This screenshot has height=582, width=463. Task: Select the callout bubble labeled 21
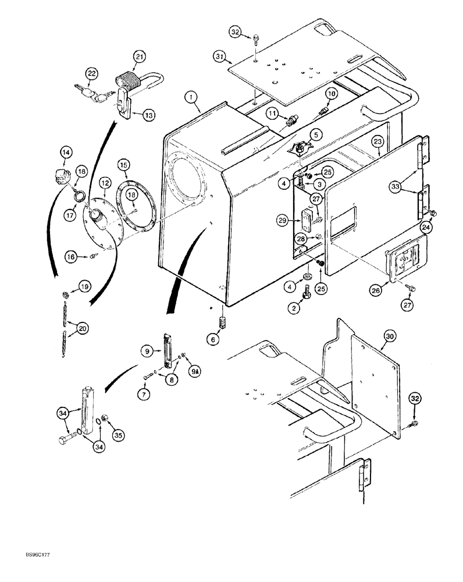pos(139,56)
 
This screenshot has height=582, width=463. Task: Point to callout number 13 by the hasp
pos(148,115)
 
